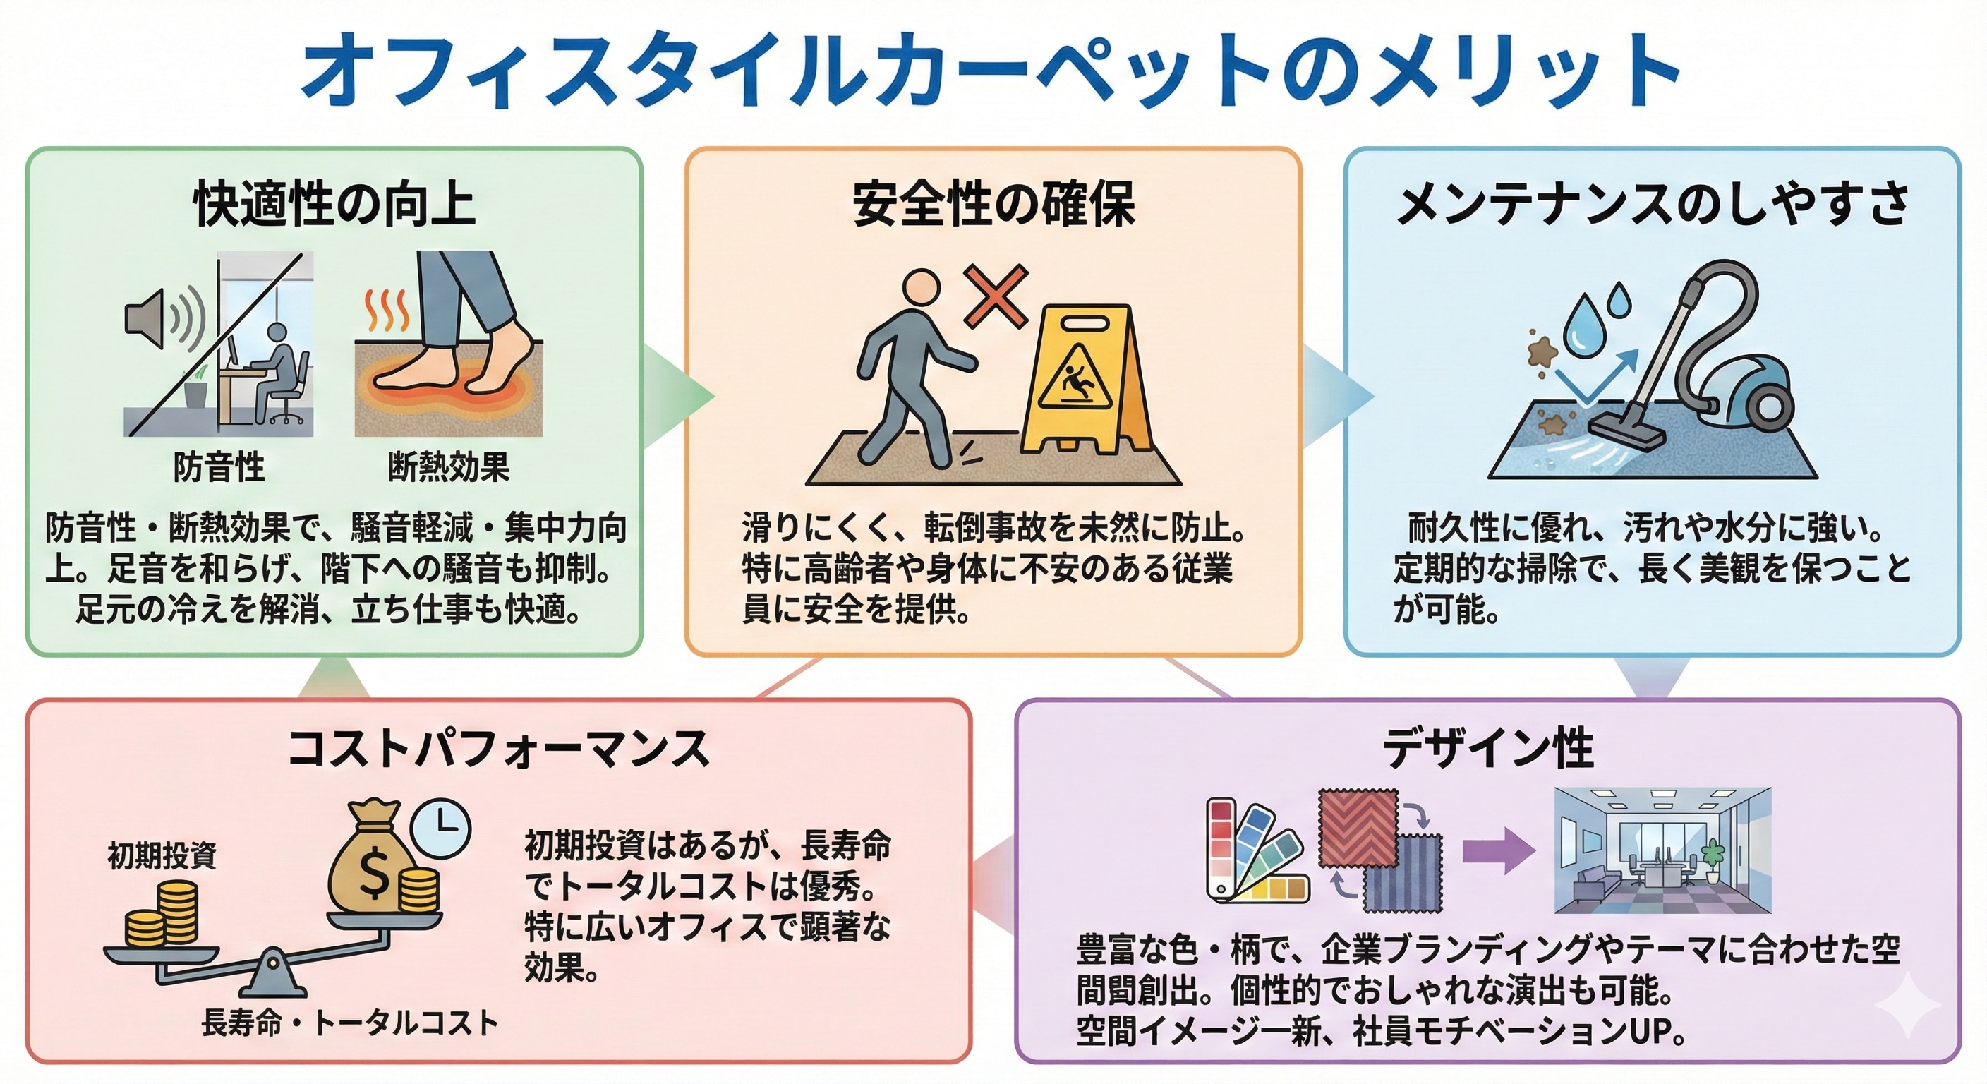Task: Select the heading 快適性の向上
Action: (x=333, y=205)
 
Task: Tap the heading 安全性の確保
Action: (x=993, y=205)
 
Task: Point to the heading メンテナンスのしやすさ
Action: (x=1653, y=205)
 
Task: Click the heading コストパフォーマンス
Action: (x=498, y=748)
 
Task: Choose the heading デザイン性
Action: (x=1487, y=748)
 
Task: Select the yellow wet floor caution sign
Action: (x=1086, y=382)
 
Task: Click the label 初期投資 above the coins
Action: (x=162, y=855)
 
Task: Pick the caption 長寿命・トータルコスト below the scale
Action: (x=349, y=1023)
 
